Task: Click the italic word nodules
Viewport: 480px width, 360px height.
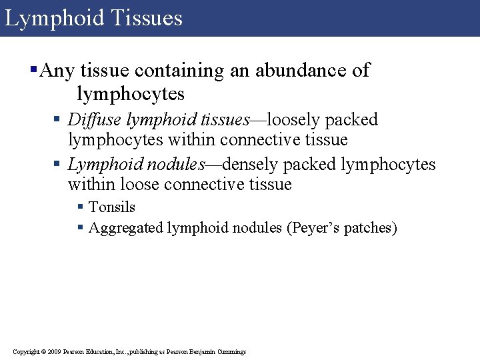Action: point(173,165)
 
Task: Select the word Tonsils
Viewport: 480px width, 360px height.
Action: point(112,207)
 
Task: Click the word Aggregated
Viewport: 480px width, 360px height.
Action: point(127,228)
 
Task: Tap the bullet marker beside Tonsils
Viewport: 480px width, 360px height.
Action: point(81,208)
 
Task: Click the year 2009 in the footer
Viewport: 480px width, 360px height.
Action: point(55,351)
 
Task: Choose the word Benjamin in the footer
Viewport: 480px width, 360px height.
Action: point(203,351)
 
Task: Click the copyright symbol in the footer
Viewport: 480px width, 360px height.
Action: point(43,351)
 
